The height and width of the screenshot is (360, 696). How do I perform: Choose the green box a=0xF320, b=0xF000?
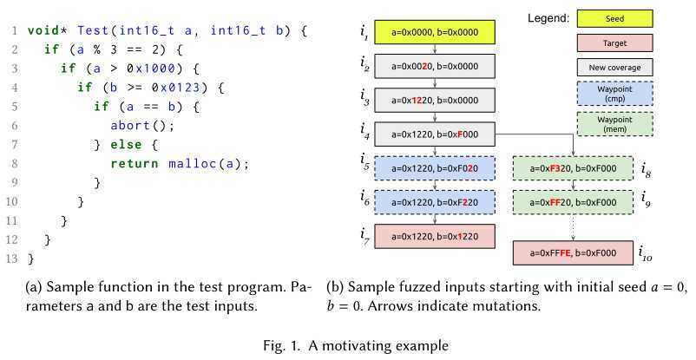[573, 167]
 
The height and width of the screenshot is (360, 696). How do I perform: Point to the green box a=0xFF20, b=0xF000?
[573, 201]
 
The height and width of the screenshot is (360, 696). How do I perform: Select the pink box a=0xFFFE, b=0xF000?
[573, 252]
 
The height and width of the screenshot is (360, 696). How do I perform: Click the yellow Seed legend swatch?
[614, 17]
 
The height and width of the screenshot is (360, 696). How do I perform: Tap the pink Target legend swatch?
[614, 42]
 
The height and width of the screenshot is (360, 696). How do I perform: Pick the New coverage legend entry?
[614, 66]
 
